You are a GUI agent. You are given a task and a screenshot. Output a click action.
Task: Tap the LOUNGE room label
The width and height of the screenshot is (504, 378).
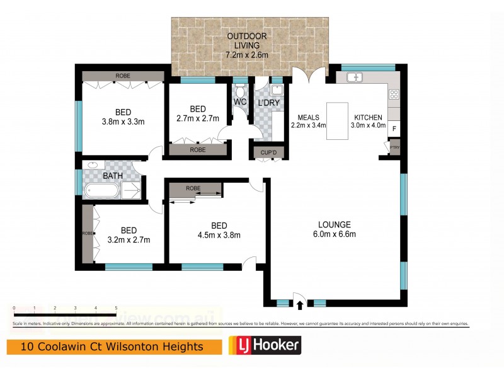334,224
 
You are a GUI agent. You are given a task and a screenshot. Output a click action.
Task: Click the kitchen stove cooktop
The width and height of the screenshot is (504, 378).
394,95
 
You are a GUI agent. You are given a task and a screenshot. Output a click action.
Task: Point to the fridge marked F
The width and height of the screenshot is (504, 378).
394,129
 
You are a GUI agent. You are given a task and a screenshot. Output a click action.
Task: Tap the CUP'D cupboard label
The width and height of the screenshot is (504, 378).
268,152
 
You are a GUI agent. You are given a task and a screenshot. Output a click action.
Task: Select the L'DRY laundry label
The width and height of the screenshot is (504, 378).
269,102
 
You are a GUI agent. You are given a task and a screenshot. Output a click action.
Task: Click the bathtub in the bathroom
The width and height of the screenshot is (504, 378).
101,190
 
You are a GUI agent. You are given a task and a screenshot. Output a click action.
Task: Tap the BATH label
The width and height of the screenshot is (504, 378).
105,176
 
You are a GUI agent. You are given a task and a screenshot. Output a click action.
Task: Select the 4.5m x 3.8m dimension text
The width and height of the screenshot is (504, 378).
219,236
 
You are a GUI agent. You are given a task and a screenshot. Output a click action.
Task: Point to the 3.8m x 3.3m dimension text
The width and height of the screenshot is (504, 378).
123,122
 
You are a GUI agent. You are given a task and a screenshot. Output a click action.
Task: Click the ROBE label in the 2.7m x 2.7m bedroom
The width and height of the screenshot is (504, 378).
198,151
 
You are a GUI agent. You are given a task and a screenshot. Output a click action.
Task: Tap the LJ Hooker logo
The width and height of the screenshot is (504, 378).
265,345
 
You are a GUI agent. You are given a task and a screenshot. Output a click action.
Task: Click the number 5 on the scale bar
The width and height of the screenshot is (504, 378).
116,307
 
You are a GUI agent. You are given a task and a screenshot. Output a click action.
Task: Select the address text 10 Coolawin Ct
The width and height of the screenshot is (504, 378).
63,346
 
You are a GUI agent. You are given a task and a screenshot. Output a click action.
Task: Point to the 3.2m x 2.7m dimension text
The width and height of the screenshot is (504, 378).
129,239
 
